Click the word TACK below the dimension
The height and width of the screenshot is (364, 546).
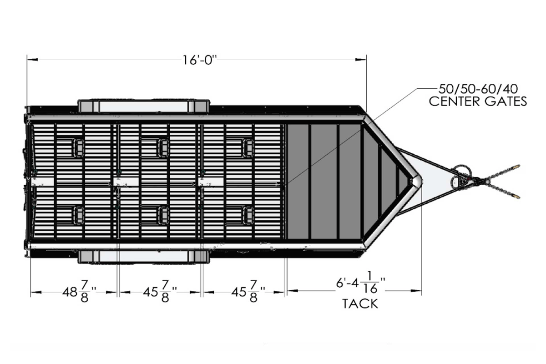point(360,303)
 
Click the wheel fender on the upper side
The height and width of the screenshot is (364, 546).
point(143,106)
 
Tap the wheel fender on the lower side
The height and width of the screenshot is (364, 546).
point(143,257)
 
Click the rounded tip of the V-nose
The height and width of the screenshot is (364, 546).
point(415,181)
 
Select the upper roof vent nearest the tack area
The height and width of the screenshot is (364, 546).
point(248,147)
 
